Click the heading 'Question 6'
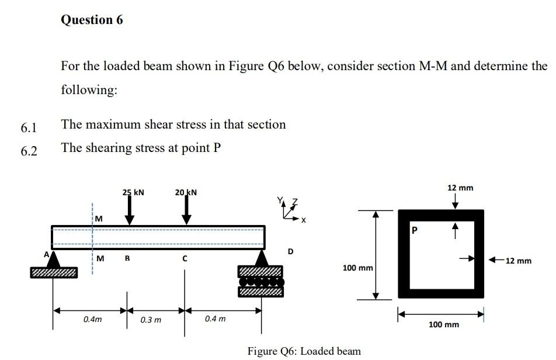coord(92,20)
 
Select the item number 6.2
coord(29,151)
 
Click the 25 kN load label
coord(133,192)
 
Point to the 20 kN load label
coord(186,192)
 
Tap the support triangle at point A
coord(54,259)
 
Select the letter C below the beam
coord(185,258)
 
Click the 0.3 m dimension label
coord(151,320)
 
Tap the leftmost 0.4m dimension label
coord(92,320)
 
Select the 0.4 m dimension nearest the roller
coord(215,320)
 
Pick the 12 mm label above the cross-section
coord(460,188)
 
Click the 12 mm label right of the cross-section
coord(518,260)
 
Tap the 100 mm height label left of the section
coord(357,268)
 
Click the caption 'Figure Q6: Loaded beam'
coord(304,351)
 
